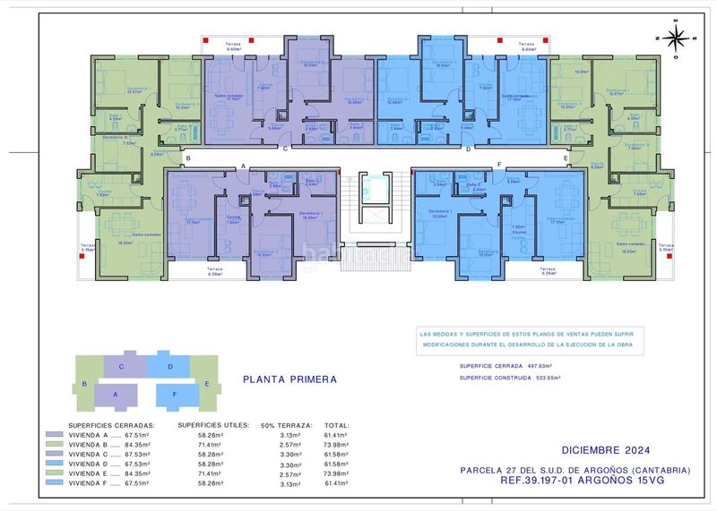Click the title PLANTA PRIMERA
tap(289, 379)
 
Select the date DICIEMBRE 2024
tap(607, 450)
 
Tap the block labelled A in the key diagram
tap(114, 393)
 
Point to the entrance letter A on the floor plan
tap(243, 166)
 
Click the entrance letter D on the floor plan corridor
tap(469, 149)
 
